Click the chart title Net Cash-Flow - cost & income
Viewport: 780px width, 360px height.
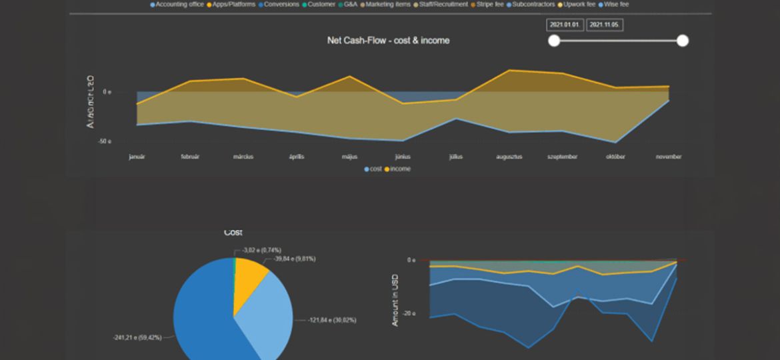[388, 41]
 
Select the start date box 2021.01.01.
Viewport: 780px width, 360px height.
[565, 25]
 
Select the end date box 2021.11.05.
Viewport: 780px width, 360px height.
[605, 25]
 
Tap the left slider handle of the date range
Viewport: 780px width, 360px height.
[554, 41]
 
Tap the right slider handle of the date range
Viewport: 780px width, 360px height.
[682, 41]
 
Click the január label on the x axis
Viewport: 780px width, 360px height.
[137, 157]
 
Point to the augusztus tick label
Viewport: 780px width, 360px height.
[509, 157]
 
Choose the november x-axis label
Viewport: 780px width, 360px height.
[668, 157]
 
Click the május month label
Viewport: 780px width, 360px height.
[350, 157]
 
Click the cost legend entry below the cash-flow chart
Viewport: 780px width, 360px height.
[373, 169]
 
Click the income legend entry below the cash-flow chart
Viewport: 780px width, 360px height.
[398, 169]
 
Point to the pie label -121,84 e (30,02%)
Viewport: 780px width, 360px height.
[332, 321]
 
